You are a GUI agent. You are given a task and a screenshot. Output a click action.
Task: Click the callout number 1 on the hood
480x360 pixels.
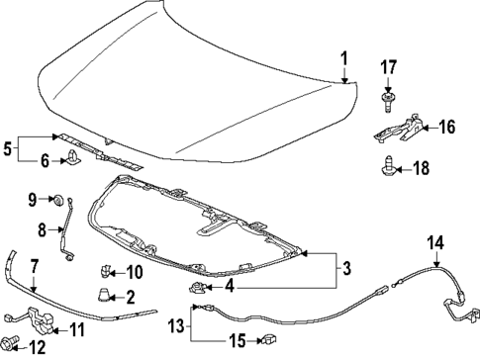pos(344,60)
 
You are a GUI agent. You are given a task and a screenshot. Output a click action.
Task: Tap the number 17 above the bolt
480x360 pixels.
pos(389,68)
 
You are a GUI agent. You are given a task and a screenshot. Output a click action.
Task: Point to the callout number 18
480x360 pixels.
pos(422,169)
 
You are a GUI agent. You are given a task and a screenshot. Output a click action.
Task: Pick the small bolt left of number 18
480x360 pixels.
pos(390,168)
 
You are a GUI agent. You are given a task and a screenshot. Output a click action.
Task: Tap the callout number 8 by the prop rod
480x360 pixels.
pos(42,229)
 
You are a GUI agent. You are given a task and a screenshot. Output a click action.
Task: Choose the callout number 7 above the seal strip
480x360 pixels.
pos(33,265)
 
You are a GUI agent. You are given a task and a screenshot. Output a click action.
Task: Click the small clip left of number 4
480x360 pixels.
pos(197,287)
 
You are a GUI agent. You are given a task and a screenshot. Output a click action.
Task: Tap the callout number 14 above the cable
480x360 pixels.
pos(434,243)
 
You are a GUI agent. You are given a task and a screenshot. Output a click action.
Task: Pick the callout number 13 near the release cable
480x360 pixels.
pos(175,325)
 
